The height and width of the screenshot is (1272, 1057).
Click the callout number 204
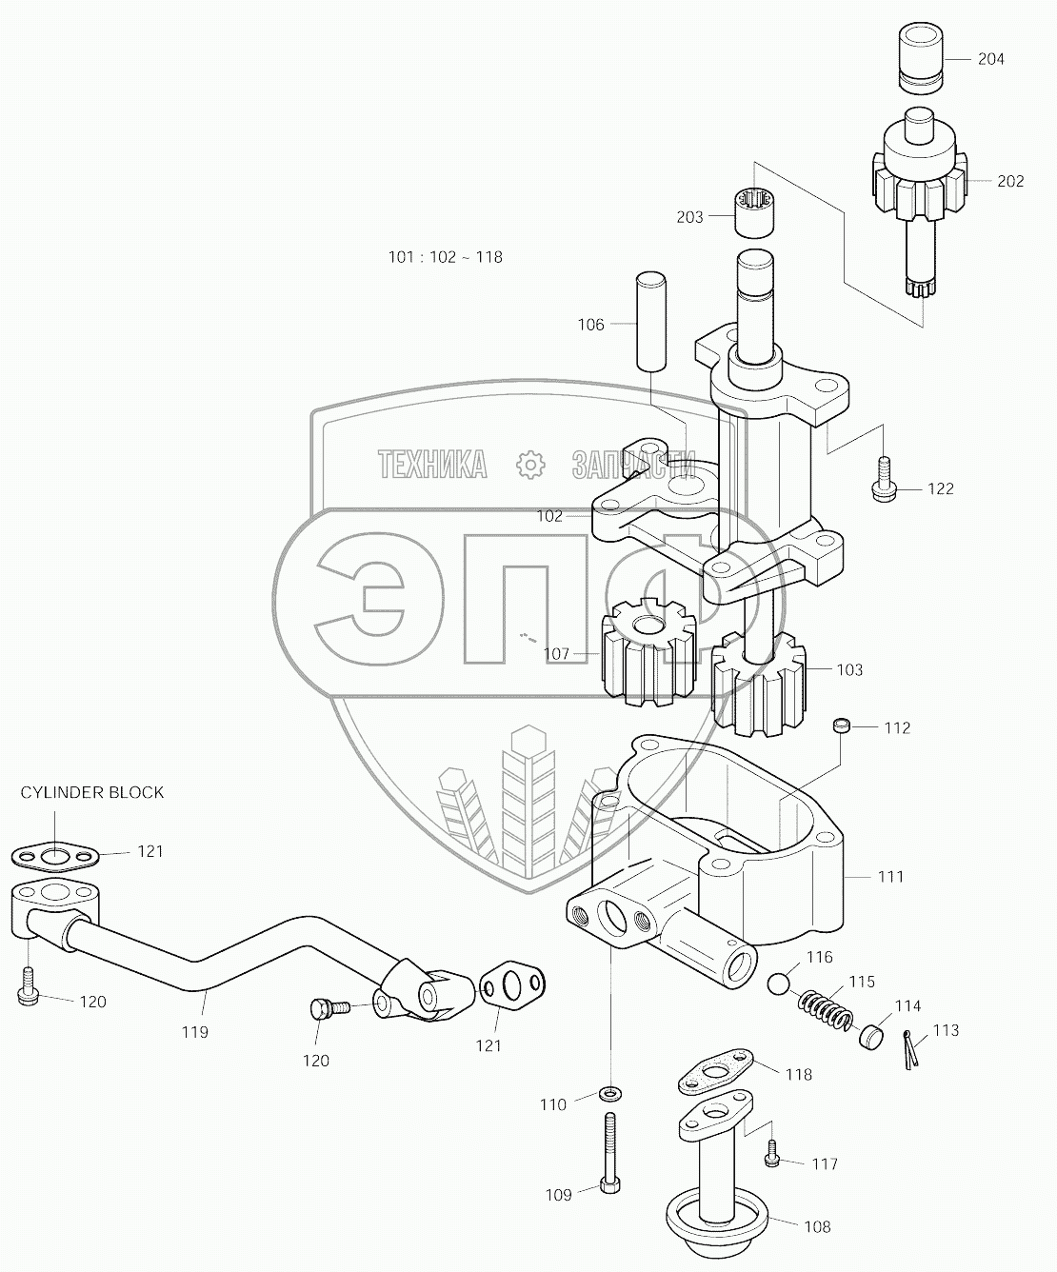click(990, 59)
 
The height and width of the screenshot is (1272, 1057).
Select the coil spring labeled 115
click(826, 1008)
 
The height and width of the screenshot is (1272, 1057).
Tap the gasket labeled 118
click(716, 1073)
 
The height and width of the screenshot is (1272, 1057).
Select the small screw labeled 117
click(773, 1154)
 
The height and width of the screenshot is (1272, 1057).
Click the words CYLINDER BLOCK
click(94, 792)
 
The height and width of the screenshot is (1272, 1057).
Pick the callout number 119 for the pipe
click(195, 1031)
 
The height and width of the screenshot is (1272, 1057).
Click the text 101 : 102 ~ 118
click(445, 257)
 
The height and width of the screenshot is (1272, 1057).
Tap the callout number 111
click(889, 876)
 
